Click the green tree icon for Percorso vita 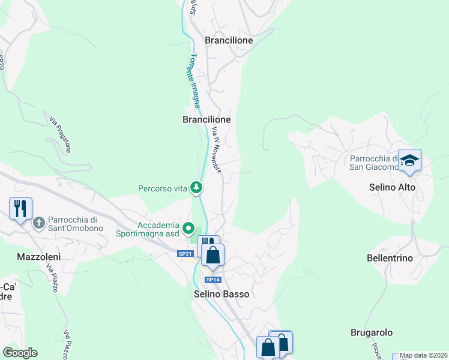click(x=196, y=188)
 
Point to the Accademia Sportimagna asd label click(x=158, y=229)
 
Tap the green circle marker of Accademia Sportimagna click(x=188, y=227)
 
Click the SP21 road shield click(x=185, y=254)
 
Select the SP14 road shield click(x=212, y=280)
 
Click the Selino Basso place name click(x=221, y=295)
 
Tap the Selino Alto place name click(x=392, y=187)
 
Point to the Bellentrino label click(x=390, y=258)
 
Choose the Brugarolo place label click(x=372, y=332)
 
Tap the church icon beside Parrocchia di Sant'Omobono click(x=39, y=223)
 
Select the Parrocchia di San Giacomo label click(x=373, y=163)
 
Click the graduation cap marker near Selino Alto click(x=409, y=161)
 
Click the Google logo click(x=20, y=353)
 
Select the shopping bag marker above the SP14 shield click(x=212, y=256)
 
